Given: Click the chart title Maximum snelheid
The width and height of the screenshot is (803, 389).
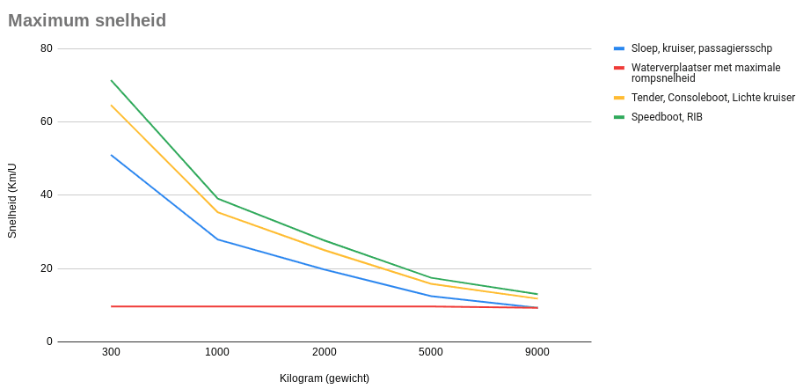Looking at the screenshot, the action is tap(87, 20).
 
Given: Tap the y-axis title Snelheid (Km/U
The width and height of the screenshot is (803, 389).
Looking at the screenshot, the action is tap(13, 201).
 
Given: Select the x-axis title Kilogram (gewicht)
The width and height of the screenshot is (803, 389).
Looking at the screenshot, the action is tap(325, 378).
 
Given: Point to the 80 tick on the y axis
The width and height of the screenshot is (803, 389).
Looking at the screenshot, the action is tap(47, 48).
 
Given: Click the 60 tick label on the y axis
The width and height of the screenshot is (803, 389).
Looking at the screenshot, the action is tap(47, 122).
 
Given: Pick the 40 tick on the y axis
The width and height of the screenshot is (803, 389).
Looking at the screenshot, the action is tap(47, 195).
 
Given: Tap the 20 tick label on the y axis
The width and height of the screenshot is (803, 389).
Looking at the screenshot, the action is tap(47, 268).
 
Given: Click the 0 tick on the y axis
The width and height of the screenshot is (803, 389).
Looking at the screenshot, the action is tap(49, 341).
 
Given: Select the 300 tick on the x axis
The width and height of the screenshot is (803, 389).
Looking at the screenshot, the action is tap(111, 352).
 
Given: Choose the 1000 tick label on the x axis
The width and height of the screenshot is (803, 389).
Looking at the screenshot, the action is tap(217, 352).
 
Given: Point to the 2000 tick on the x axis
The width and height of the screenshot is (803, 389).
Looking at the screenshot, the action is tap(325, 352).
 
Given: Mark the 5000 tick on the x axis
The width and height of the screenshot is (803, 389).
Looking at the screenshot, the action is tap(431, 352).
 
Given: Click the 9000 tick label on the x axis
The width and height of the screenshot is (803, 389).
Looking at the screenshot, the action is tap(537, 352).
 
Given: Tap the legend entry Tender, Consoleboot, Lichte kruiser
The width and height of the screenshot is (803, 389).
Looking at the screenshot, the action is tap(704, 98).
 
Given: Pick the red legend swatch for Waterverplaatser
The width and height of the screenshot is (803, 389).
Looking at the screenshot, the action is tap(619, 68).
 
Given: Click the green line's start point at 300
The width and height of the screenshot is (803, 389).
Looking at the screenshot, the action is tap(111, 80).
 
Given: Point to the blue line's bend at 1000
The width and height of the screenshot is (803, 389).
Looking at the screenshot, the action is tap(217, 239).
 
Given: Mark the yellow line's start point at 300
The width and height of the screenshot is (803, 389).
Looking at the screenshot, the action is tap(111, 105).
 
